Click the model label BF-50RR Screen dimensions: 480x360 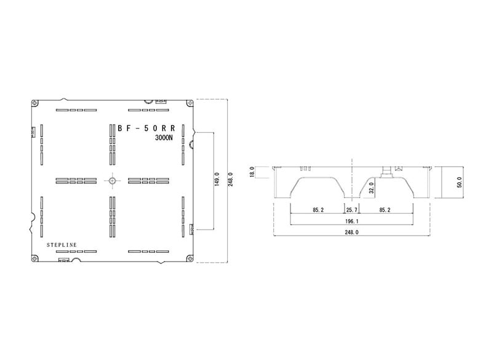[x=146, y=128]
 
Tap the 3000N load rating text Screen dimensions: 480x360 [x=164, y=138]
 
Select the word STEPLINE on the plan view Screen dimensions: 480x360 [x=62, y=245]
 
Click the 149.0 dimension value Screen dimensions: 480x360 [x=217, y=179]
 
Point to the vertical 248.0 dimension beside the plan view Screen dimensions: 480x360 [x=231, y=179]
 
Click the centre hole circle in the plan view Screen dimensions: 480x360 [x=113, y=180]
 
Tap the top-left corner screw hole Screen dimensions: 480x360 [x=34, y=103]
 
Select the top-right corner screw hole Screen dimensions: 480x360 [x=190, y=103]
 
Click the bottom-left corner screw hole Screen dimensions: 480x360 [x=34, y=258]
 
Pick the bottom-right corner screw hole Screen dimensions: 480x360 [x=190, y=258]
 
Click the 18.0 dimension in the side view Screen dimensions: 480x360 [x=252, y=172]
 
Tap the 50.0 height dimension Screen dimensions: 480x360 [x=459, y=182]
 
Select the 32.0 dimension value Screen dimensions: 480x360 [x=372, y=188]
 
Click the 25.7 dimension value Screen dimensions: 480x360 [x=351, y=210]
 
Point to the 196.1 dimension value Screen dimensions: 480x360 [x=351, y=221]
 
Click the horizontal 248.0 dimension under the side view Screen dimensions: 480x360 [x=351, y=233]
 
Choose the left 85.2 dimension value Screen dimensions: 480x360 [x=318, y=210]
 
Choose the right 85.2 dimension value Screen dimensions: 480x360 [x=385, y=210]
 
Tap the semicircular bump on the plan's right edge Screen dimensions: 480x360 [x=191, y=144]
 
